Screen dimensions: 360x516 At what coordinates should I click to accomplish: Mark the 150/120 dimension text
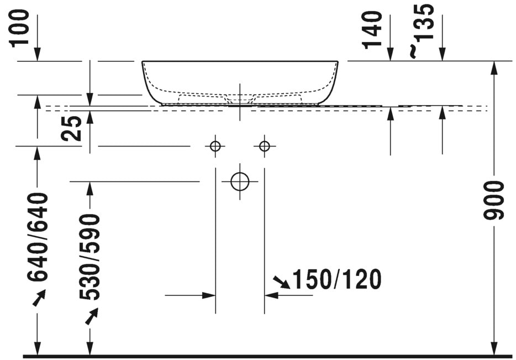336,280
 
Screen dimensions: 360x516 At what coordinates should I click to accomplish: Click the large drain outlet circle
240,181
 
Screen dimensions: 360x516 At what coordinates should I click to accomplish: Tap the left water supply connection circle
215,146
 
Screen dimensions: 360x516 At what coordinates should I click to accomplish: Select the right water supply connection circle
264,146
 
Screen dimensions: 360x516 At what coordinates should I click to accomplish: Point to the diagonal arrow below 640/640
39,299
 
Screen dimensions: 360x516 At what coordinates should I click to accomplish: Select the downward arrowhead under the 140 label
391,54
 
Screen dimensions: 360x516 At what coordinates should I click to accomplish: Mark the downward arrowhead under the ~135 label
442,54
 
